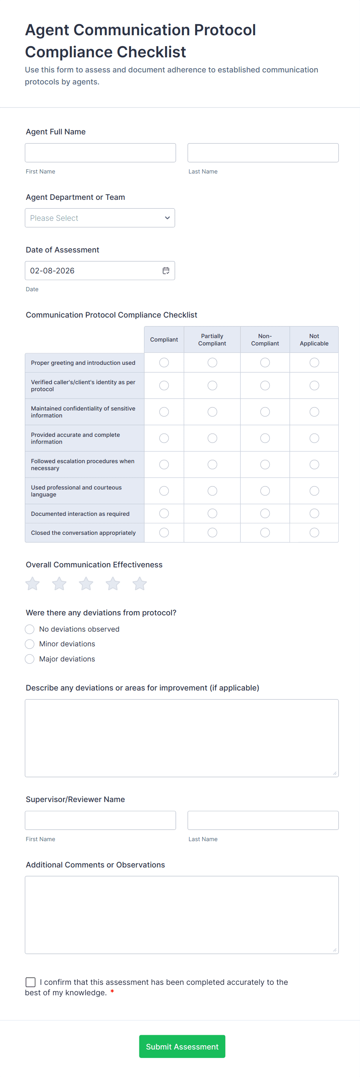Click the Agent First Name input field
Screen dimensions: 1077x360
[x=100, y=153]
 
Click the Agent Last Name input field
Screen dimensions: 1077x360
[x=262, y=153]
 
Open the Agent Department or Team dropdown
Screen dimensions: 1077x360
[x=99, y=218]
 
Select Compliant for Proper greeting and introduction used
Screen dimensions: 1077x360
[x=164, y=362]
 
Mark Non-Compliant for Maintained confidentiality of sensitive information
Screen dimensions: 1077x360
[x=265, y=412]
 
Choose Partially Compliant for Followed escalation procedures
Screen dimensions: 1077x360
[x=213, y=464]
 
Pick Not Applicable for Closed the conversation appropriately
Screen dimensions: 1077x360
[x=314, y=532]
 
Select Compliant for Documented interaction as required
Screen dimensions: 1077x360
[x=164, y=514]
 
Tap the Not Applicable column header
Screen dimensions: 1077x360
[x=314, y=340]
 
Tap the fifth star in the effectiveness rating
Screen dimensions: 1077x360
[x=140, y=583]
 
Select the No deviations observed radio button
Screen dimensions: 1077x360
[x=30, y=629]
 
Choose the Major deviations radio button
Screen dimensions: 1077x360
[x=30, y=659]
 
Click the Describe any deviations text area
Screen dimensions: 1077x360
[x=182, y=738]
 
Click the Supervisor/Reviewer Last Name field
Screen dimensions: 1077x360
[x=262, y=820]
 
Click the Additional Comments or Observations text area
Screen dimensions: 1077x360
[x=182, y=915]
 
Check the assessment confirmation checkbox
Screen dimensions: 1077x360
[x=31, y=982]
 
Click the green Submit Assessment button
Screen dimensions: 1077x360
[x=182, y=1046]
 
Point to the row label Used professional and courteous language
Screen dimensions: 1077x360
[x=76, y=491]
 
